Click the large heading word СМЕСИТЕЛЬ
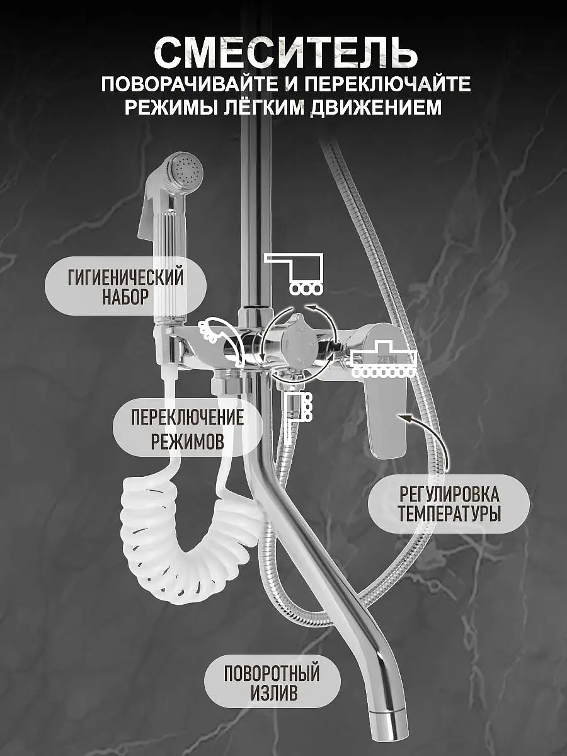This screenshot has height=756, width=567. [285, 52]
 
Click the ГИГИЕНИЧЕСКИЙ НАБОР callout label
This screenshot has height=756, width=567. [125, 286]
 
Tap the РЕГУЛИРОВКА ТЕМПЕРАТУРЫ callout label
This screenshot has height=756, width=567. [449, 503]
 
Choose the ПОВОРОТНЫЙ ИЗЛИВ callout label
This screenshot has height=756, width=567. [272, 683]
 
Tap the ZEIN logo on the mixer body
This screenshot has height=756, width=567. [385, 360]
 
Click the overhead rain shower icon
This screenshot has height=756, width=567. [294, 273]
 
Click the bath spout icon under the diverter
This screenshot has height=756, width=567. [298, 409]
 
